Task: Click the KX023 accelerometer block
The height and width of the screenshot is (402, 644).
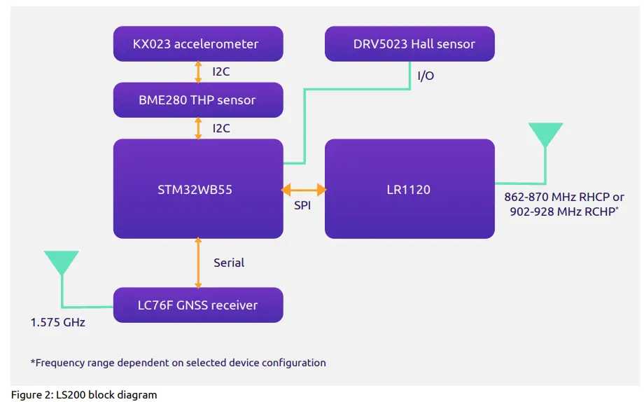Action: (x=198, y=44)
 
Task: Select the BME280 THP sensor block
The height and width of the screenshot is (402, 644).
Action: (x=198, y=100)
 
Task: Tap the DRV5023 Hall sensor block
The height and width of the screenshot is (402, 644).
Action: (x=409, y=44)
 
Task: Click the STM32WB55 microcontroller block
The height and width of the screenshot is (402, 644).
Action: (x=198, y=188)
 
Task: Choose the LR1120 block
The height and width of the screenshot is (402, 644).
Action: (x=409, y=188)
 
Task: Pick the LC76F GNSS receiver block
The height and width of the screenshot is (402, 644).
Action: (x=198, y=305)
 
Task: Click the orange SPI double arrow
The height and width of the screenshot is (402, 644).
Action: (x=304, y=189)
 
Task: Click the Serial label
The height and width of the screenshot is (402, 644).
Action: (x=229, y=263)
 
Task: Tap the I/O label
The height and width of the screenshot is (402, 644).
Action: (x=425, y=76)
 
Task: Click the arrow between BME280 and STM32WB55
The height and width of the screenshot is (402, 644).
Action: (x=198, y=128)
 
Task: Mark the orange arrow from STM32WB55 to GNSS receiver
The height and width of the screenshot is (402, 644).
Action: (x=198, y=263)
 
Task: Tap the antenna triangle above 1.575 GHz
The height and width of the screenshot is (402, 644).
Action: (x=62, y=262)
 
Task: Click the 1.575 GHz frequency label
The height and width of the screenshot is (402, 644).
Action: (x=57, y=323)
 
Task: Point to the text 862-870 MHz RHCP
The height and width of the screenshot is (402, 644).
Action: (x=563, y=197)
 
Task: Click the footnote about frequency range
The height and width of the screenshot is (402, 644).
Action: (x=178, y=363)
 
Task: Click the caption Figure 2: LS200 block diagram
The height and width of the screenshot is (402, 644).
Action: (x=84, y=395)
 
